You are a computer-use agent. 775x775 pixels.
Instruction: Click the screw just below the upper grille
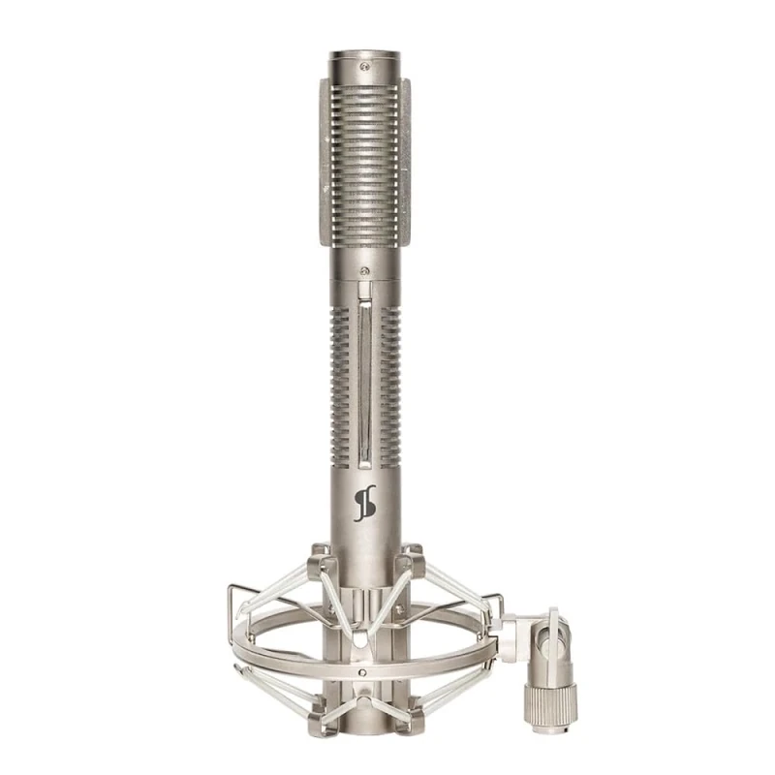364,271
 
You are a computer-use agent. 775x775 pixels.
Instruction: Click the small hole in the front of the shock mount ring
363,672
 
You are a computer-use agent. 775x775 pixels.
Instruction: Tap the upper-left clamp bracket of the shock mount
319,563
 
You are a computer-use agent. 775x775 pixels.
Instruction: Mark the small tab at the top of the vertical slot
363,290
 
